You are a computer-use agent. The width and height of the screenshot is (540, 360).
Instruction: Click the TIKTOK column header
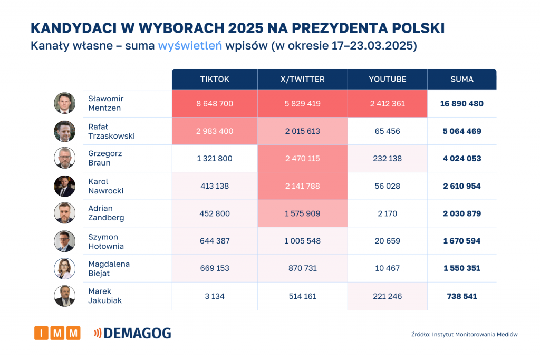coord(215,79)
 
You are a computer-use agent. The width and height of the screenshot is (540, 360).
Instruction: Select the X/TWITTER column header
coord(302,79)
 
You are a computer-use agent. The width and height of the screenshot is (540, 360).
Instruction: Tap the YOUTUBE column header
coord(387,79)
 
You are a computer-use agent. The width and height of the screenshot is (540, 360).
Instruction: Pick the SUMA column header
coord(461,79)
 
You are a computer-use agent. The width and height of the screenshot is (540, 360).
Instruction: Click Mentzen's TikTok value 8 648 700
coord(215,103)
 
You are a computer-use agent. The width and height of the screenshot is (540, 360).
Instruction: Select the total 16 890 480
coord(461,103)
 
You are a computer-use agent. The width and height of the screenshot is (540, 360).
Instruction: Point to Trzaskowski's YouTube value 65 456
coord(387,131)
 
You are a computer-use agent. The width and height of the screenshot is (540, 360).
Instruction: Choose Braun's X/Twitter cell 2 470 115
coord(302,158)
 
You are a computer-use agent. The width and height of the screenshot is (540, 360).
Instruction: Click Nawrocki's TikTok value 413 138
coord(215,186)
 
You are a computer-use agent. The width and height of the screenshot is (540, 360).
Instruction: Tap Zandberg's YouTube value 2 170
coord(387,213)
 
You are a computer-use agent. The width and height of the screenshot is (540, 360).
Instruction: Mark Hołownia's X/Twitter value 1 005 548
coord(302,241)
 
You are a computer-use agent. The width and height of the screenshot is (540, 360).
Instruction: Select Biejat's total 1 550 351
coord(461,268)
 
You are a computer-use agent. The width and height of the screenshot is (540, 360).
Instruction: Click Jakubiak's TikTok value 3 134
coord(215,296)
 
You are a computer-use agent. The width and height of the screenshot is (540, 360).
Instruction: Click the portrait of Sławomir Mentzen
coord(64,103)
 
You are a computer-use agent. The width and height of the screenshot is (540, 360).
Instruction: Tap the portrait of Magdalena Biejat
coord(64,268)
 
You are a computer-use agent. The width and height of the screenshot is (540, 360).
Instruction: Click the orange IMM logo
coord(57,333)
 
